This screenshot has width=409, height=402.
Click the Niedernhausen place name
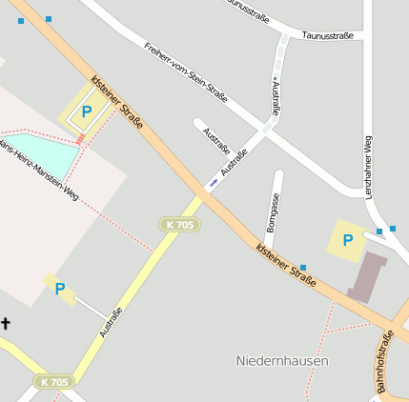(282, 361)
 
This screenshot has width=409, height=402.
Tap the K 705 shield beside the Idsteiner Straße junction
(178, 224)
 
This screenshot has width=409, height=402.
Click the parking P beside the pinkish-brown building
(347, 240)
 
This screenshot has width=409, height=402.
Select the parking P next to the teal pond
(87, 112)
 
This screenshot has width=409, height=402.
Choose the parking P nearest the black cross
(60, 288)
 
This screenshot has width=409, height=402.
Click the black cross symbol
(5, 324)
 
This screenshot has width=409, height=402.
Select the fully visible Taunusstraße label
(327, 35)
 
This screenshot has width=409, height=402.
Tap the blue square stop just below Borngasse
(303, 268)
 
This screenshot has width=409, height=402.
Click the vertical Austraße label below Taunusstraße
(276, 97)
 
